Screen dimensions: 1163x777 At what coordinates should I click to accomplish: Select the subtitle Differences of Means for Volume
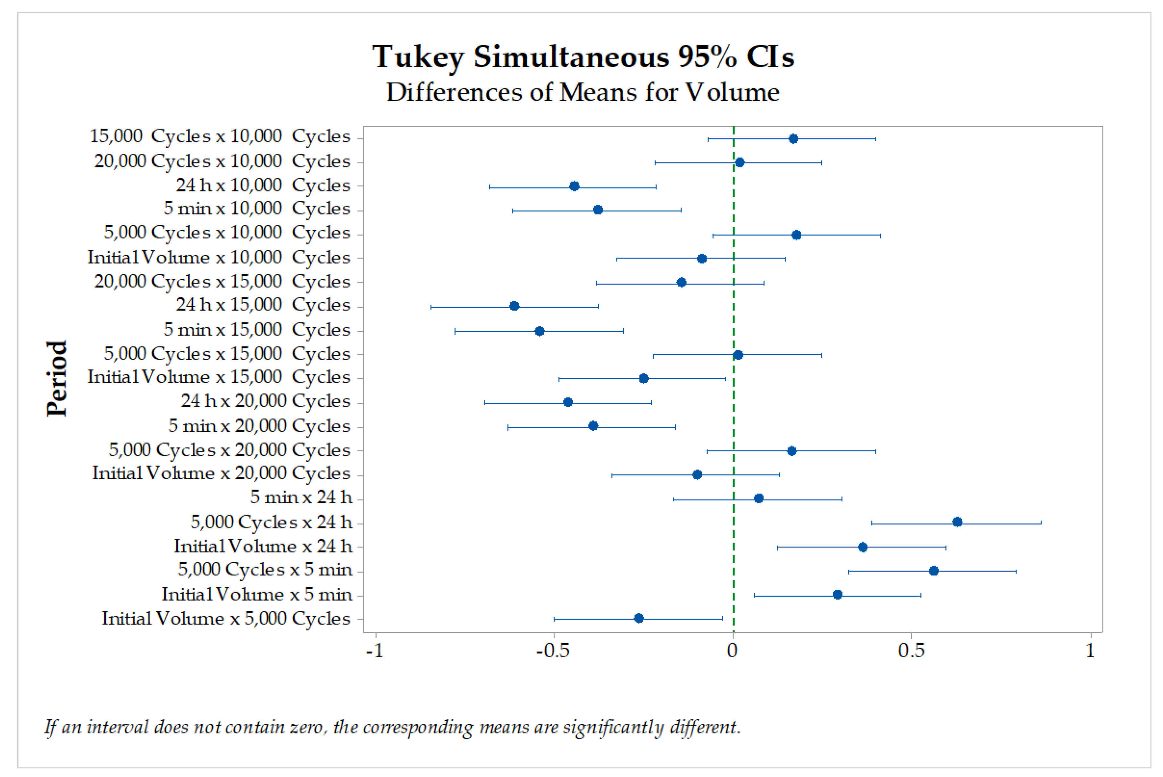tap(583, 92)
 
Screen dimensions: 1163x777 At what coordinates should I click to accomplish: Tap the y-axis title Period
tap(56, 379)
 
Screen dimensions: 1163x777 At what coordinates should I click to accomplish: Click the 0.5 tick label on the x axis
tap(911, 651)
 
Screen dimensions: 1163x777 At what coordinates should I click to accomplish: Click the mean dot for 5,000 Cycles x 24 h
tap(957, 522)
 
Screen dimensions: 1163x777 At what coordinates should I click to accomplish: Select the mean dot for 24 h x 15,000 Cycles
tap(515, 306)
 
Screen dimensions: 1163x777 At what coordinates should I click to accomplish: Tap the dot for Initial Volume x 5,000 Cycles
tap(639, 618)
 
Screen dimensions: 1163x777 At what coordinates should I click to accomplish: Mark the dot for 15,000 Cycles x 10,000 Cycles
tap(793, 139)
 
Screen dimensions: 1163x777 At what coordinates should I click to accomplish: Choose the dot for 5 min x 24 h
tap(758, 498)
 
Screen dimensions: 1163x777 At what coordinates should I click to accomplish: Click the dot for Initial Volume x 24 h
tap(862, 547)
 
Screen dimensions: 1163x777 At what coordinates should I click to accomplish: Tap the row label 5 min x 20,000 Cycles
tap(259, 426)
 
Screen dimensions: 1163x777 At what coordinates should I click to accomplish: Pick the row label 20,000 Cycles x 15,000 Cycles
tap(222, 281)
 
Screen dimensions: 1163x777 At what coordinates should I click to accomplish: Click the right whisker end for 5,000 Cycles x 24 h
tap(1041, 522)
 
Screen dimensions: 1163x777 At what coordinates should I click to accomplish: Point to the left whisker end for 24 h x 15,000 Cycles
tap(431, 307)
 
